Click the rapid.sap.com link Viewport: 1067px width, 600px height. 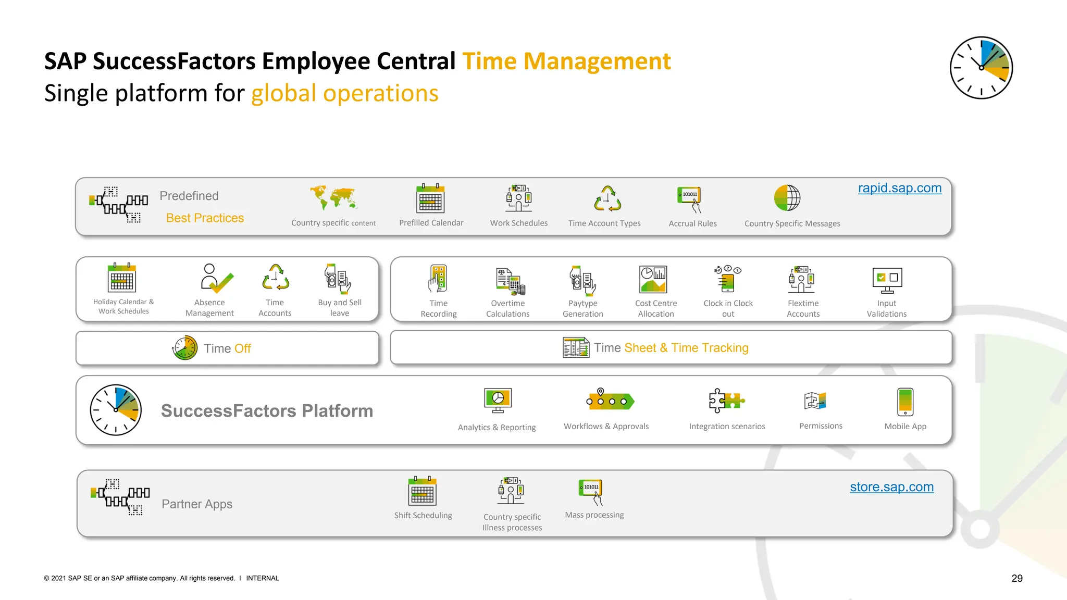point(899,188)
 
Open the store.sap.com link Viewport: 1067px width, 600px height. point(891,487)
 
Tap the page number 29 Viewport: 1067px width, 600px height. point(1016,578)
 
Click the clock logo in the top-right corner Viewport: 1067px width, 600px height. point(981,68)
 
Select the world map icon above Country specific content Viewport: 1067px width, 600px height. point(333,198)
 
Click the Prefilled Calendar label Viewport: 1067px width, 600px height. point(431,223)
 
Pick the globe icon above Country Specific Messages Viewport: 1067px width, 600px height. point(787,198)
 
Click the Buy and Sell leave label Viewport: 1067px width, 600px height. point(340,308)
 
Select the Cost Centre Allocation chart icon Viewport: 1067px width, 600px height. point(653,279)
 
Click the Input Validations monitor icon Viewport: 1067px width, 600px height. point(887,280)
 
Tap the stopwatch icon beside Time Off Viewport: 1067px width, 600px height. point(185,348)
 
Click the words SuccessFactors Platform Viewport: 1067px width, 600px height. point(267,411)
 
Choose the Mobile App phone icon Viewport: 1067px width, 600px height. point(905,402)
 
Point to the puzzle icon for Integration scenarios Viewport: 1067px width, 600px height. point(726,401)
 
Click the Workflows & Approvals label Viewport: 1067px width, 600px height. point(606,427)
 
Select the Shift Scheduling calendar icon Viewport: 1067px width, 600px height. point(422,491)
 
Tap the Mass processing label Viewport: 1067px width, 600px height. point(594,515)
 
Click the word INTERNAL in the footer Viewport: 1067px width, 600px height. point(262,578)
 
